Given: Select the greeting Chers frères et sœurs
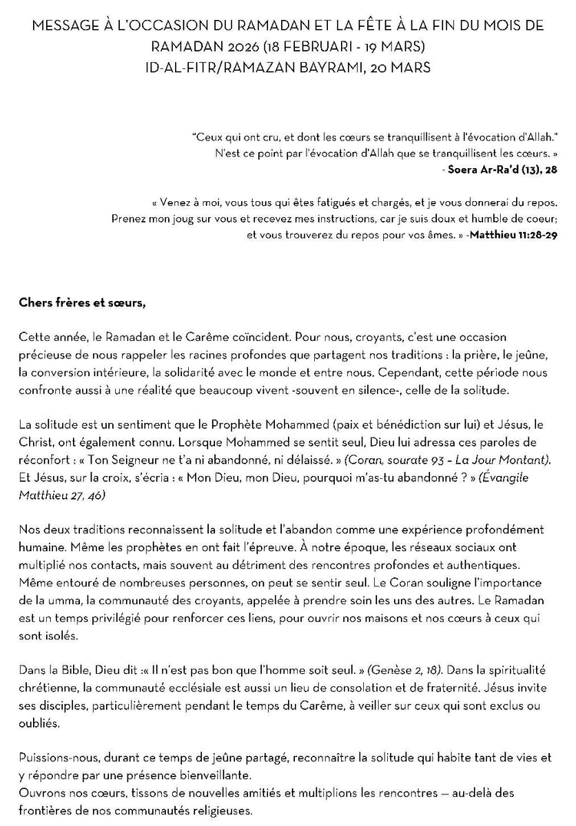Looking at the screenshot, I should tap(82, 302).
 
